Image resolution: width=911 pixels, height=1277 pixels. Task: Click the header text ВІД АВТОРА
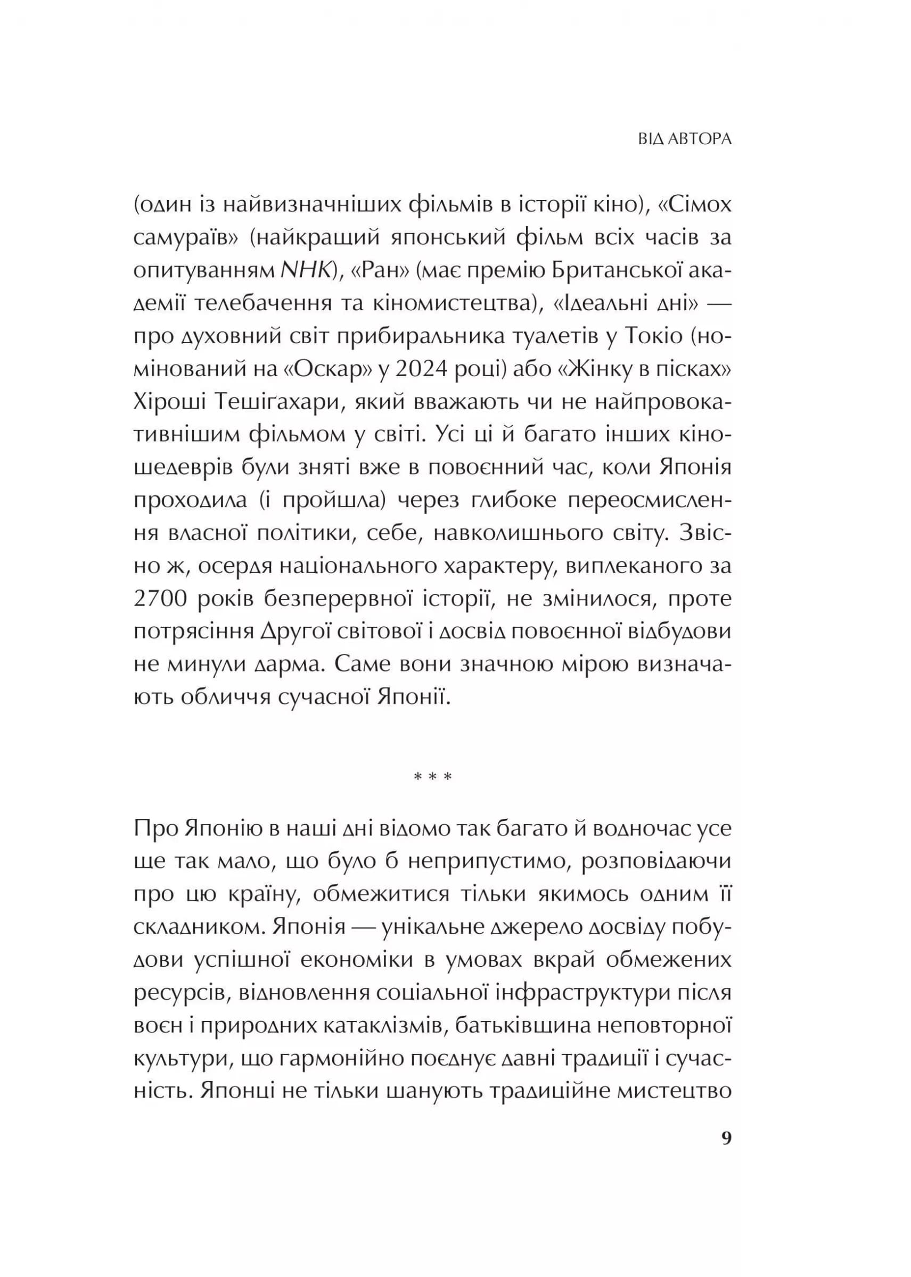click(685, 139)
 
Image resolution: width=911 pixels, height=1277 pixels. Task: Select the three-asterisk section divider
click(432, 777)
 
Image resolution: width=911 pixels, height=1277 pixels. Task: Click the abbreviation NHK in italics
click(305, 271)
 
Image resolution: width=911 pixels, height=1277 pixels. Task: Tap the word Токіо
click(649, 337)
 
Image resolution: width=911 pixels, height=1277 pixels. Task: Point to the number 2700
click(160, 599)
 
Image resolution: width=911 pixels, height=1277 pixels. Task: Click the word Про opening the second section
click(155, 828)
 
